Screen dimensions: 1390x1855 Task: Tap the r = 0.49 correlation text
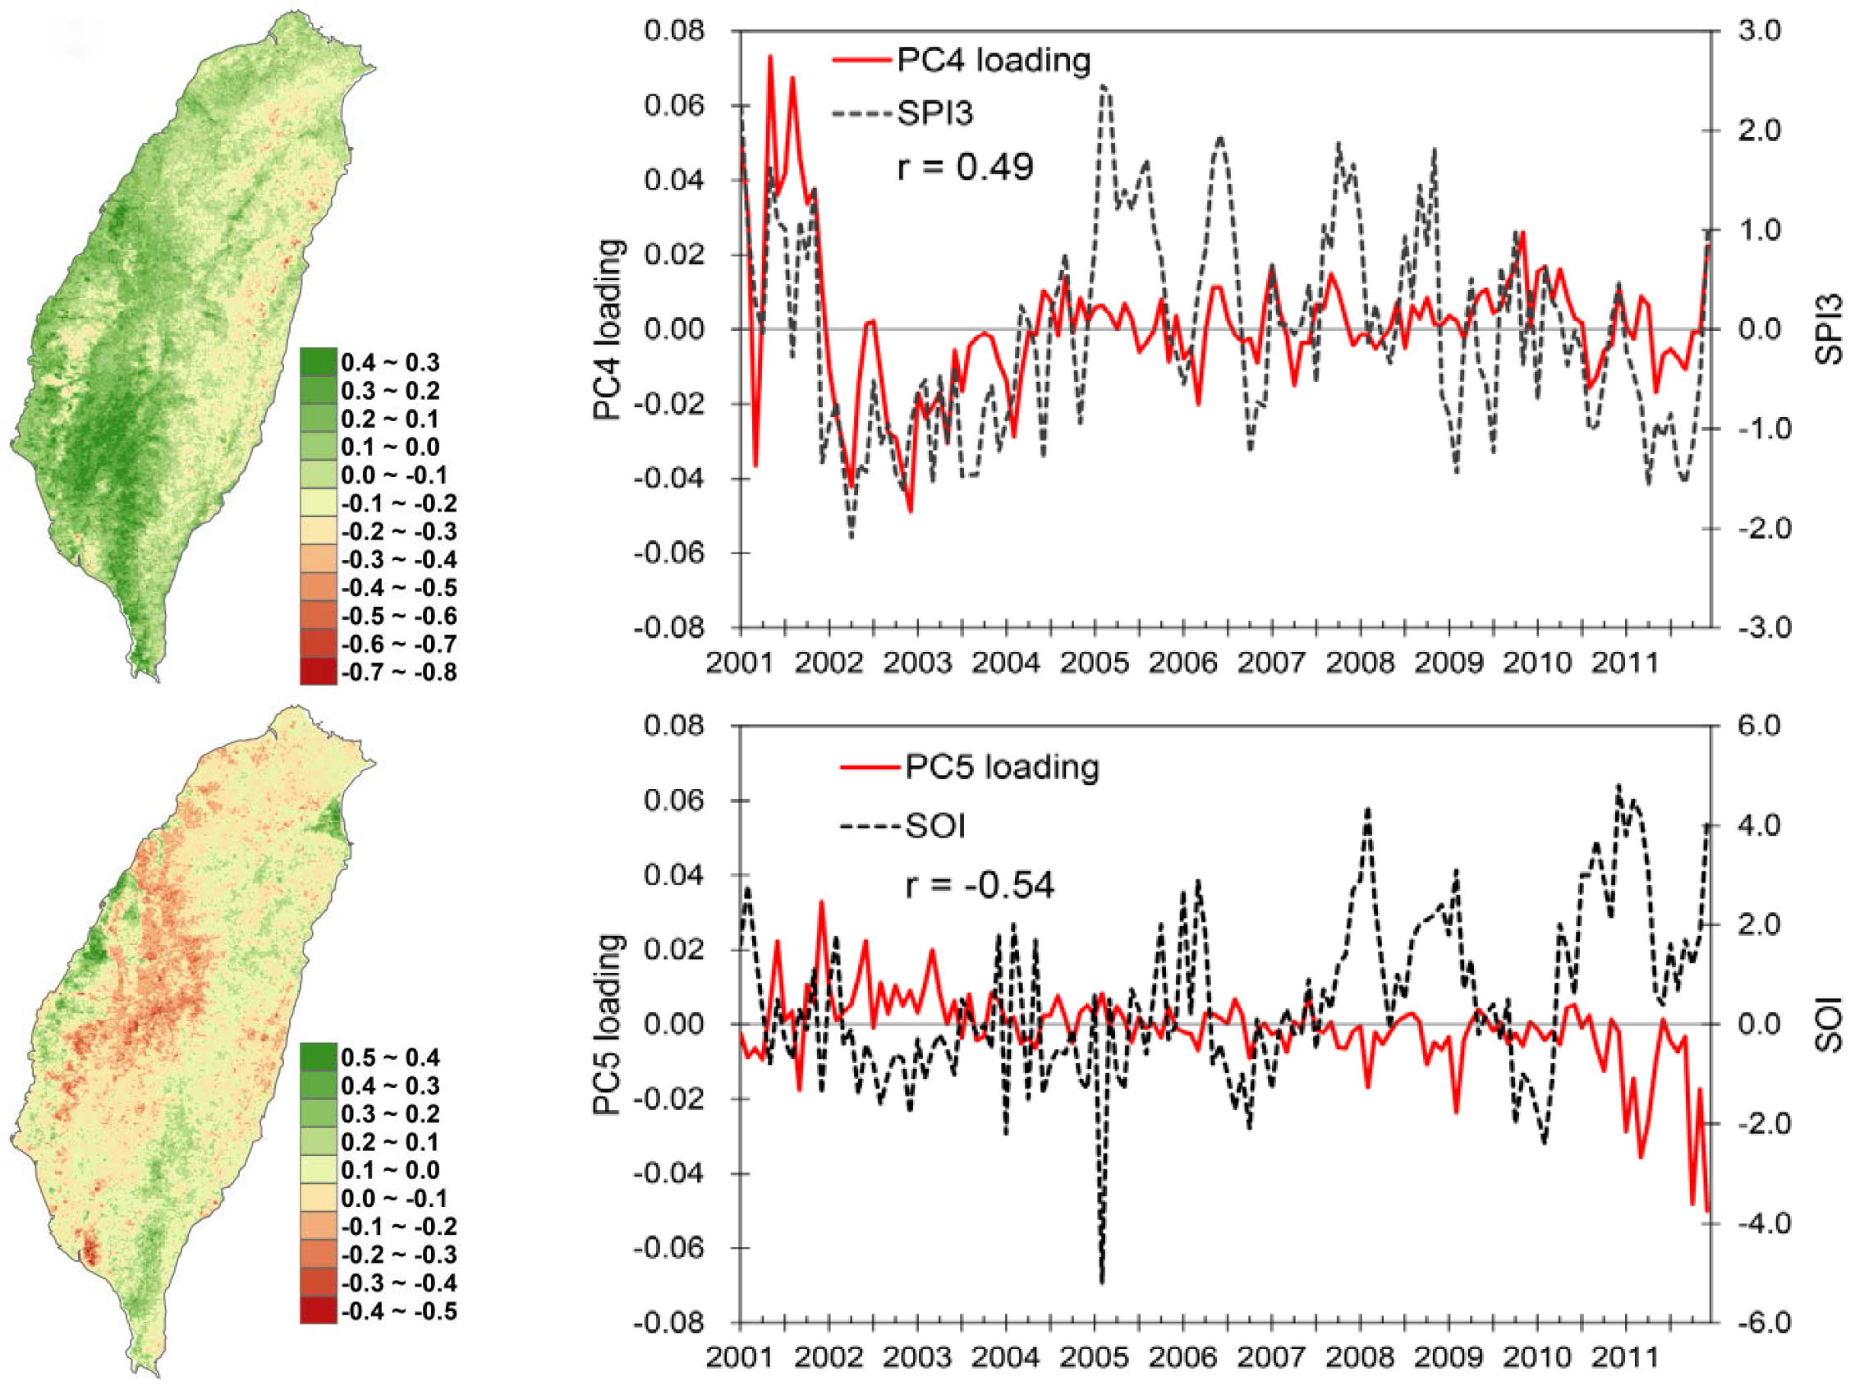pos(964,167)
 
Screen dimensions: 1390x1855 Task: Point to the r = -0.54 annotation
pos(980,885)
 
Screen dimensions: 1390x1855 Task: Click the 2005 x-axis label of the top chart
pos(1094,663)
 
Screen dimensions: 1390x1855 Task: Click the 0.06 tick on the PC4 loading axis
pos(673,107)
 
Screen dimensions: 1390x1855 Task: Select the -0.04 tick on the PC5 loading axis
pos(669,1173)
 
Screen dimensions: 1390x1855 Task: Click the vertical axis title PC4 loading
pos(609,329)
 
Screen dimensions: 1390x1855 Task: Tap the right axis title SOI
pos(1830,1024)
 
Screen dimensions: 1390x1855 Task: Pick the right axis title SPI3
pos(1830,329)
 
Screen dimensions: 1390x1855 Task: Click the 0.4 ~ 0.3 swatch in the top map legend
pos(319,362)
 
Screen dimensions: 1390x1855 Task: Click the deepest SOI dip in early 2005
pos(1101,1281)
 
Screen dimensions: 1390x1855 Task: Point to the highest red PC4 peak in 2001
pos(770,56)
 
